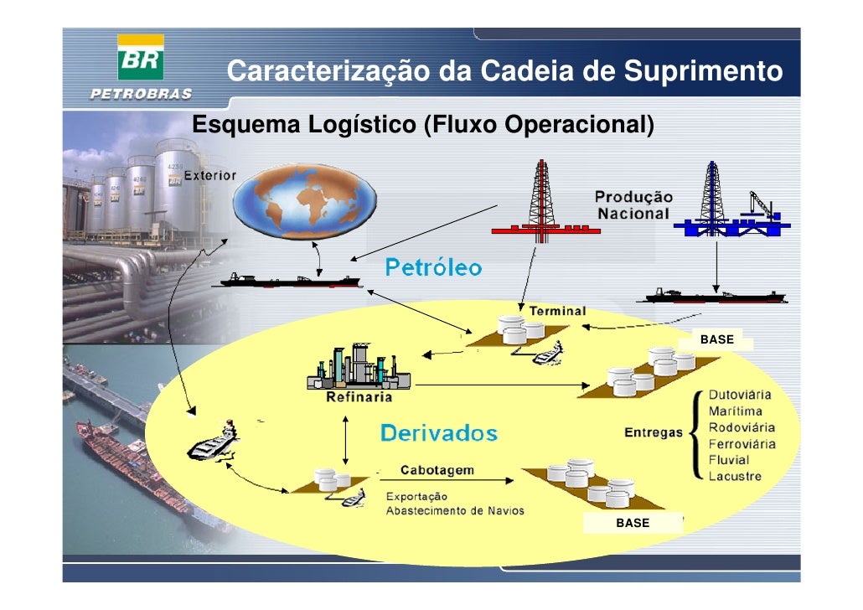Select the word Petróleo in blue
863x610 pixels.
click(x=433, y=268)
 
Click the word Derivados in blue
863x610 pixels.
click(x=438, y=434)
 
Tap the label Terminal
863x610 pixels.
click(x=556, y=311)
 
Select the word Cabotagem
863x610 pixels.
click(x=437, y=470)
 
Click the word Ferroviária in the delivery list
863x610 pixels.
click(x=742, y=443)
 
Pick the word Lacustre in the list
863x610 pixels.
click(x=735, y=476)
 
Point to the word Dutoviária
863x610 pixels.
click(x=740, y=395)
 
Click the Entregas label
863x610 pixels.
click(x=654, y=433)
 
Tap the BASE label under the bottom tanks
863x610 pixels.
click(x=633, y=523)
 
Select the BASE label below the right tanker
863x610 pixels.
click(x=716, y=340)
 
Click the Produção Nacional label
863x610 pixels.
click(x=633, y=204)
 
